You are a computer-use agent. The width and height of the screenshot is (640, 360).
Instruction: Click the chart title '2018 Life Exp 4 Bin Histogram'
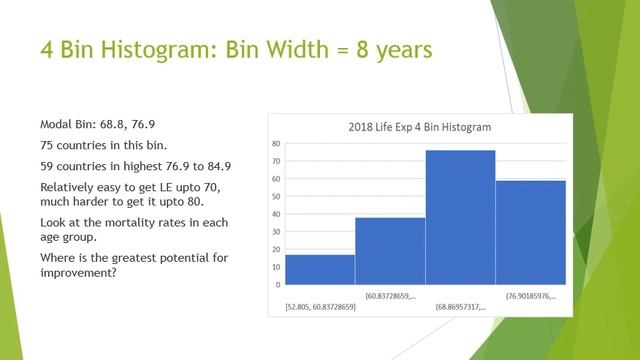419,128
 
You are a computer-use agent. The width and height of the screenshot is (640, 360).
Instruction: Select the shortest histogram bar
319,270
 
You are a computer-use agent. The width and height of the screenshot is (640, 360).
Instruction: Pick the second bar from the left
390,251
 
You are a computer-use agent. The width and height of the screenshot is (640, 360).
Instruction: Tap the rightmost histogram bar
530,232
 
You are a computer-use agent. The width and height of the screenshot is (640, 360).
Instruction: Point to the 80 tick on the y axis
275,144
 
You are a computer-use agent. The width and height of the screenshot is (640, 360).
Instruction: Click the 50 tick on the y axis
275,197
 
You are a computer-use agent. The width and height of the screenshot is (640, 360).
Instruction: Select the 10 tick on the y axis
275,267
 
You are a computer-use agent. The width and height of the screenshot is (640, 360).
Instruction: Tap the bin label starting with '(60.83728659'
391,295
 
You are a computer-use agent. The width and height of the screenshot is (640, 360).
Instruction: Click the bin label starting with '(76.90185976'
532,295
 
